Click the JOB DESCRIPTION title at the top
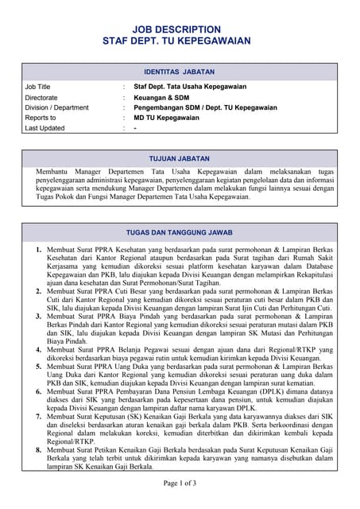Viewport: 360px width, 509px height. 180,26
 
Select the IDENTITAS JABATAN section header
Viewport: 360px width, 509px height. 180,71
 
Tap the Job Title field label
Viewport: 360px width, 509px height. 37,87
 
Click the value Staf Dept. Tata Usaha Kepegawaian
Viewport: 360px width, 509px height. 190,87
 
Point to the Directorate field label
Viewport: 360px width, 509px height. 41,97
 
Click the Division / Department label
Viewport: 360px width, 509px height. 56,107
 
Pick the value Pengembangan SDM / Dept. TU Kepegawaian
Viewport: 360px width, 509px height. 205,107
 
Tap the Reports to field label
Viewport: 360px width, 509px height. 40,118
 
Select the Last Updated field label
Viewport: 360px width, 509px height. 45,128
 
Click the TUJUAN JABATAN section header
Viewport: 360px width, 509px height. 180,158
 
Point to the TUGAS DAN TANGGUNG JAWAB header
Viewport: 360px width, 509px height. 180,233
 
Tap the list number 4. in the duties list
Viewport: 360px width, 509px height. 40,349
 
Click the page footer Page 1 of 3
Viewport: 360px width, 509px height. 180,484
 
